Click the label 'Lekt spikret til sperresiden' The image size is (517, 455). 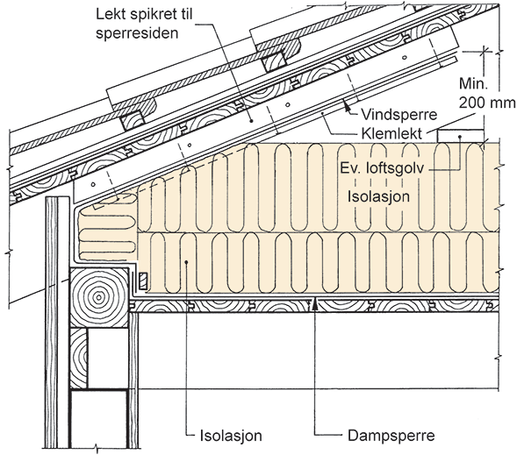[144, 24]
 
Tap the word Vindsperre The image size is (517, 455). [399, 115]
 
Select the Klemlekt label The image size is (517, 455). [391, 133]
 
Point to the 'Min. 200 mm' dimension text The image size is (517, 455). [486, 94]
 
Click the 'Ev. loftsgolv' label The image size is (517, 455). [382, 168]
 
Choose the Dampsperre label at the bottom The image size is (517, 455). [391, 436]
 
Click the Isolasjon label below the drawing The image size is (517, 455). [231, 436]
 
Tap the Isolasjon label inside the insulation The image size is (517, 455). [379, 196]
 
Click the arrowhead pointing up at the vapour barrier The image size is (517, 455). [315, 303]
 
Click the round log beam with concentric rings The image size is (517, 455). [99, 297]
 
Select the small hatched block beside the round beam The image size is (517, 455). [143, 281]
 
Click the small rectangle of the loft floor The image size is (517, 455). [460, 136]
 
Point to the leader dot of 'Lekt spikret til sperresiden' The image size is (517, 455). [251, 121]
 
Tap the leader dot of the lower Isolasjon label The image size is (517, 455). [187, 262]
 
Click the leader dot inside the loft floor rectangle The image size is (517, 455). [460, 136]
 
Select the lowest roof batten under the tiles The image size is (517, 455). [133, 120]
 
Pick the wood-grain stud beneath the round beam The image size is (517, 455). [79, 359]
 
